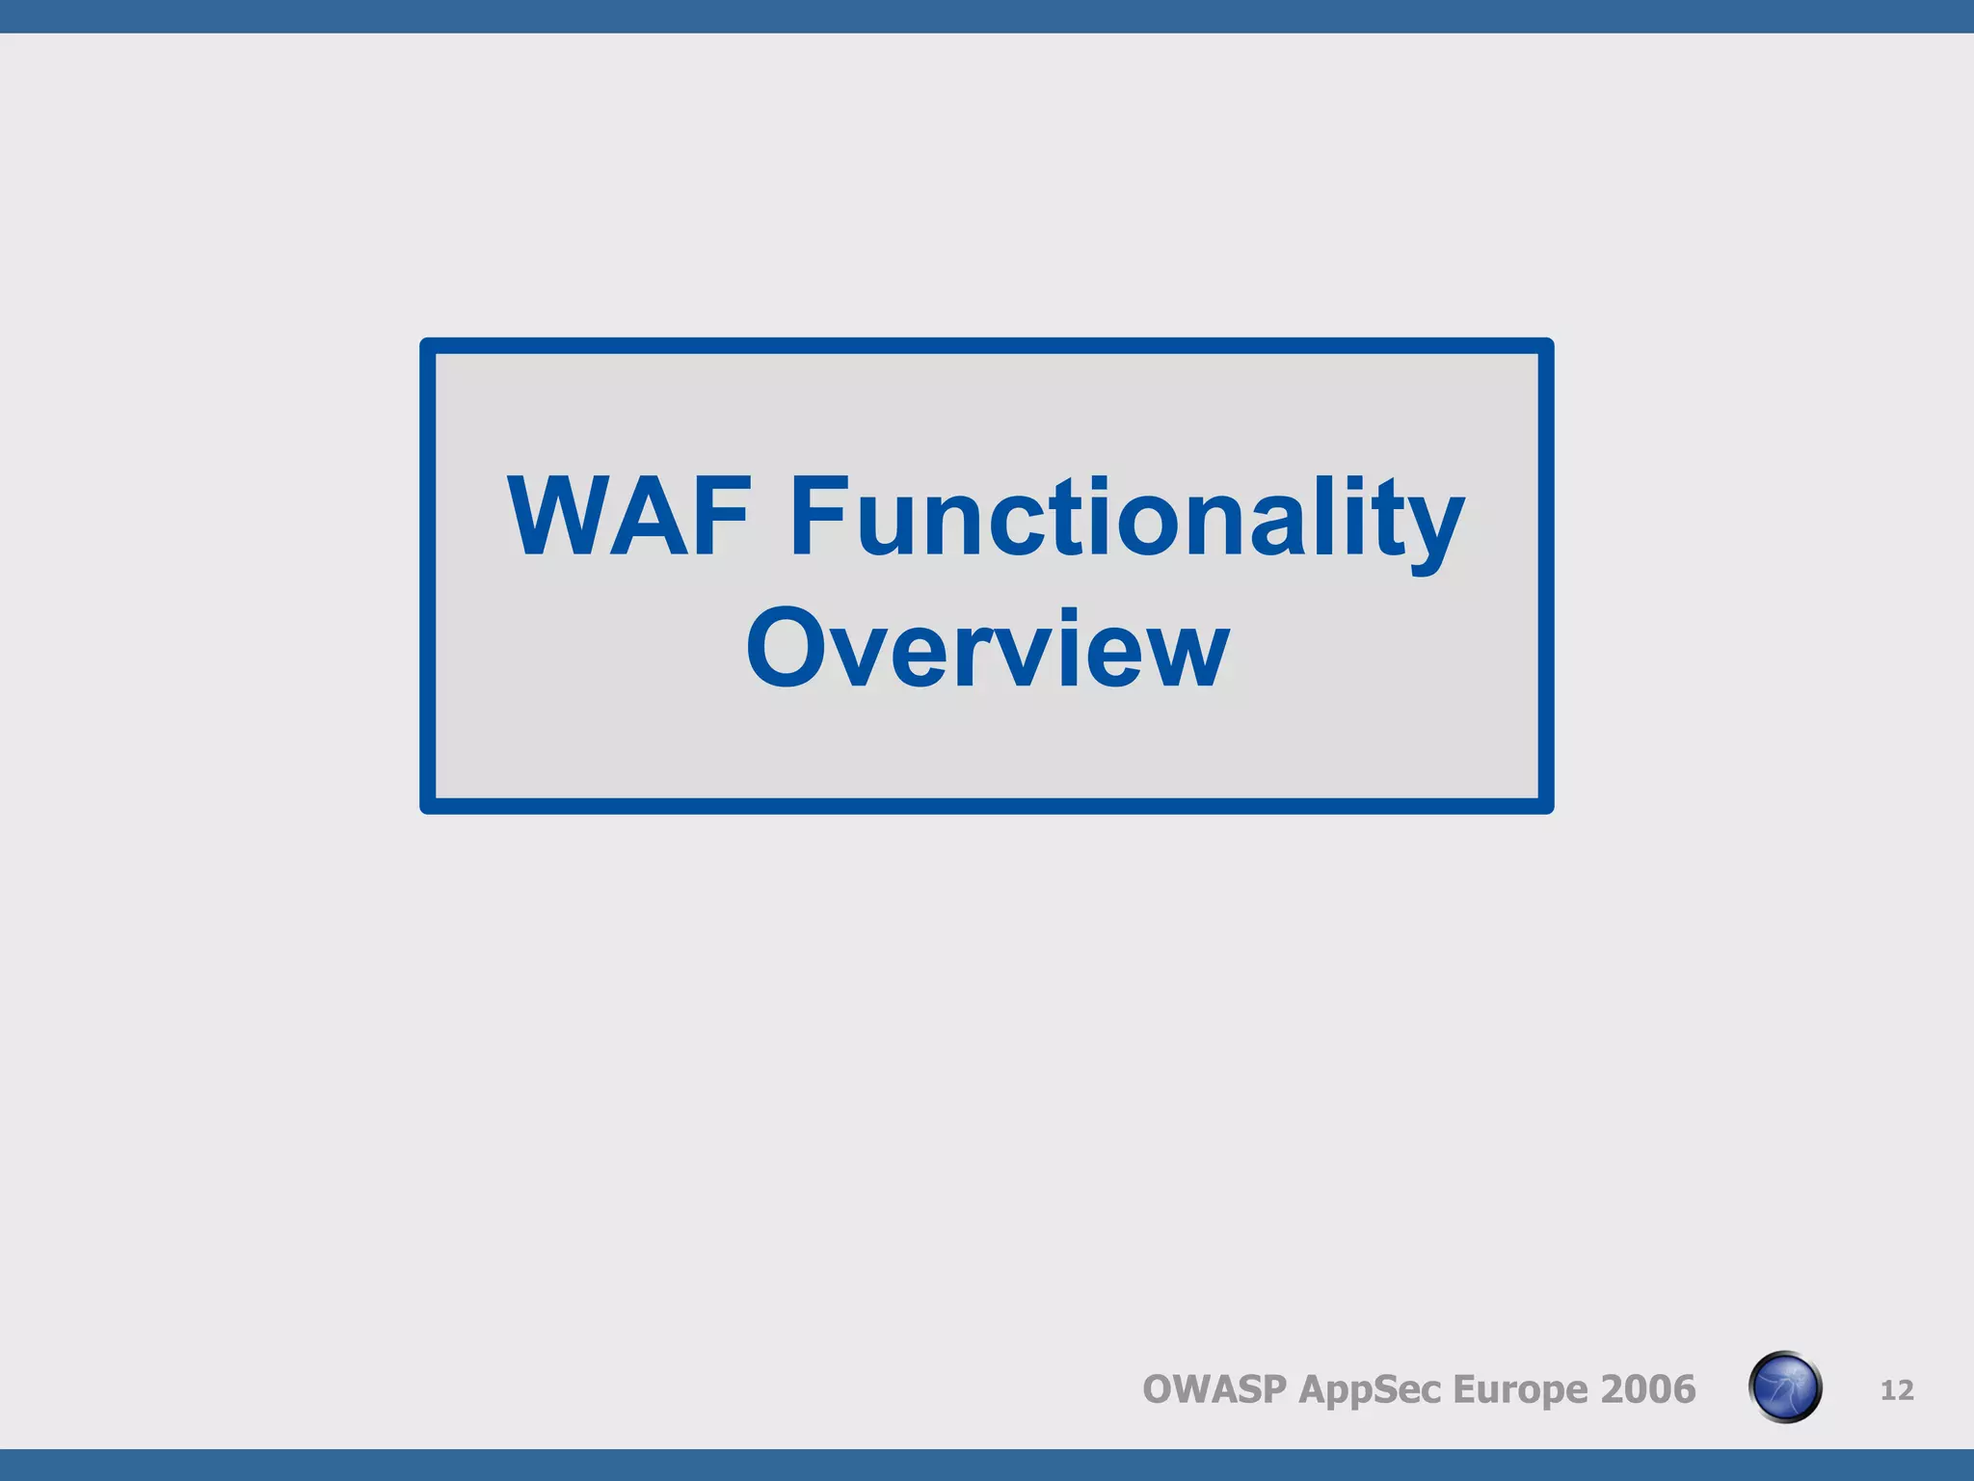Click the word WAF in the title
[628, 517]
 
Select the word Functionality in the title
[1127, 517]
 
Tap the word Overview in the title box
[987, 648]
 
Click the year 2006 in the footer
[1647, 1389]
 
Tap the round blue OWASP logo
[1785, 1387]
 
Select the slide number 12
[1897, 1389]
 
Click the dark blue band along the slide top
[987, 16]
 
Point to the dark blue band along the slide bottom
[987, 1465]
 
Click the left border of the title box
[428, 576]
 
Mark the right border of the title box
[1546, 576]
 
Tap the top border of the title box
[987, 345]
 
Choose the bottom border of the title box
[987, 806]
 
